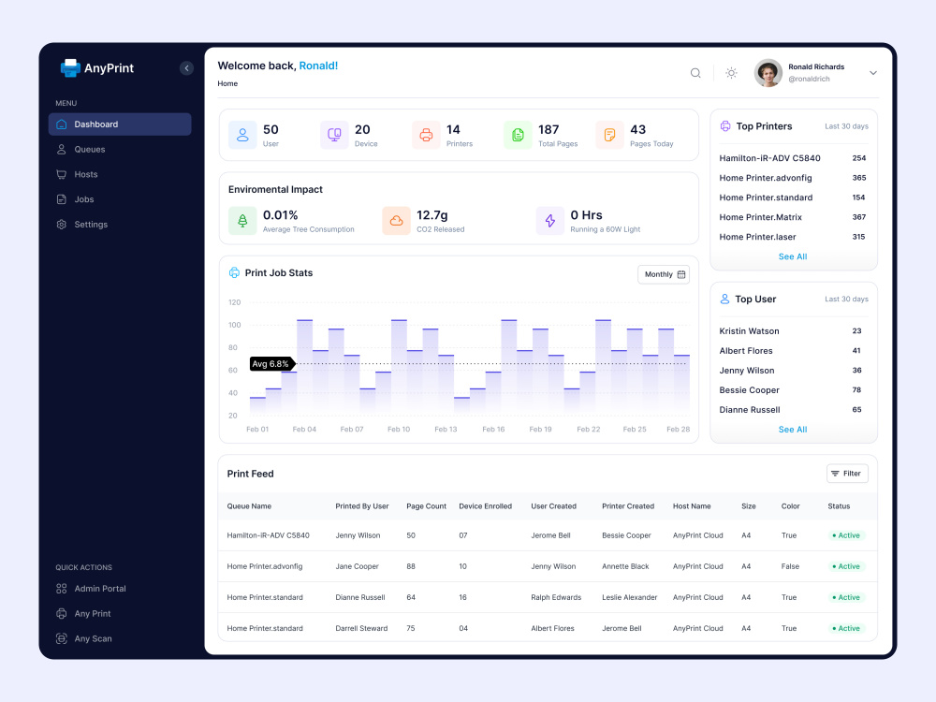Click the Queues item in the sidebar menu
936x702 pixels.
tap(90, 149)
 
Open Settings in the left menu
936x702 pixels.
tap(91, 225)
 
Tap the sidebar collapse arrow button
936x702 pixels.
tap(186, 68)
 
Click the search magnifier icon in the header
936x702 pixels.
tap(695, 73)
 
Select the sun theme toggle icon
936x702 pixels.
tap(731, 73)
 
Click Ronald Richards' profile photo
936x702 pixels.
tap(768, 73)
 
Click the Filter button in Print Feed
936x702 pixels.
tap(847, 474)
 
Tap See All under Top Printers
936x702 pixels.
tap(793, 256)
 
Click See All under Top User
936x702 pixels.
tap(793, 430)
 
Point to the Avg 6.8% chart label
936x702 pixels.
tap(271, 363)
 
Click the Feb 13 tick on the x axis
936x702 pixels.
tap(446, 430)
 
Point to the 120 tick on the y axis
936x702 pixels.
tap(235, 302)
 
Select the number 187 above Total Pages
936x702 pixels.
tap(548, 129)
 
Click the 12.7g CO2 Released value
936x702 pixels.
tap(432, 215)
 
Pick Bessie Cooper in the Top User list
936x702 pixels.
tap(749, 390)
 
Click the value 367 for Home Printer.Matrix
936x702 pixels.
tap(859, 217)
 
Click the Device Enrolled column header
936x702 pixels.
tap(485, 506)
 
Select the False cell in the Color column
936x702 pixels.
tap(790, 566)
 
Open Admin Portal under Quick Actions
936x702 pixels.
tap(100, 589)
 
